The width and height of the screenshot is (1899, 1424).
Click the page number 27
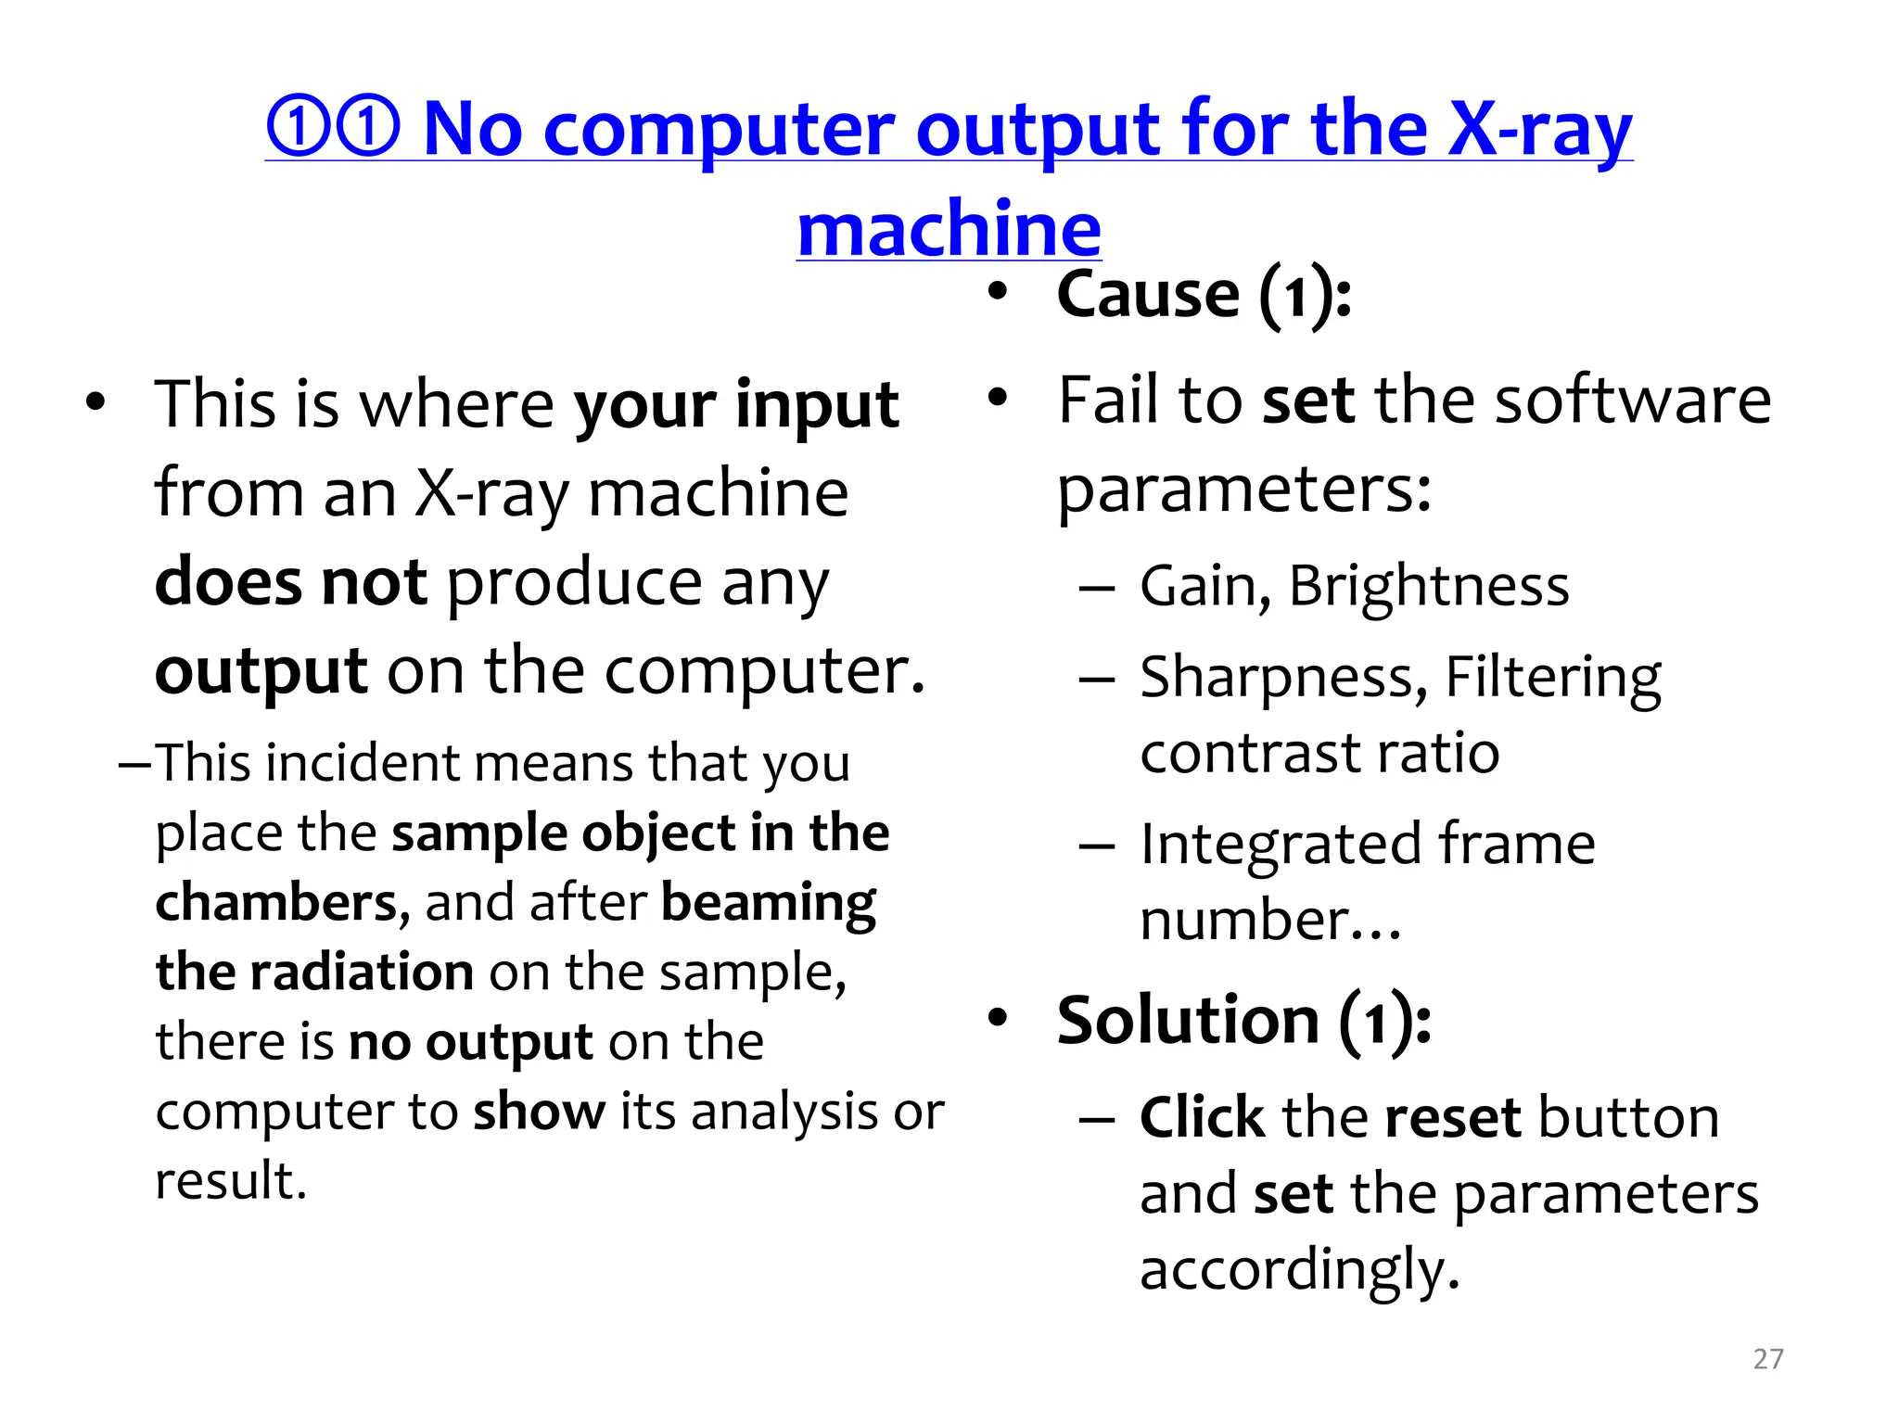pyautogui.click(x=1767, y=1358)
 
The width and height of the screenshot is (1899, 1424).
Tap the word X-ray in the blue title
pyautogui.click(x=1539, y=131)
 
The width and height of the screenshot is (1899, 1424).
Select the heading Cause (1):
pyautogui.click(x=1204, y=295)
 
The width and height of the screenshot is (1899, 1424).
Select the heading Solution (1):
pyautogui.click(x=1243, y=1021)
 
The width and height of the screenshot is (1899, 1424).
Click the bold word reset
pyautogui.click(x=1452, y=1117)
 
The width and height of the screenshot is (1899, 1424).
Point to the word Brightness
pyautogui.click(x=1428, y=587)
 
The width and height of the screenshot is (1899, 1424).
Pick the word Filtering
pyautogui.click(x=1553, y=678)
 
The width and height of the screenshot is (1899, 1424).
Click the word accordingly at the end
pyautogui.click(x=1298, y=1270)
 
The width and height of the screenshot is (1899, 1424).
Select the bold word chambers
pyautogui.click(x=276, y=903)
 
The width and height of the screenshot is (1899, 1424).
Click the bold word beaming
pyautogui.click(x=769, y=903)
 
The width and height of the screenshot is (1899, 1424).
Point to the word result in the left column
pyautogui.click(x=229, y=1181)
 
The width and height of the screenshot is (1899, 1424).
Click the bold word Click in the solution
pyautogui.click(x=1202, y=1117)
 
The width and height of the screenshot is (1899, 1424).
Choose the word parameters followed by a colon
pyautogui.click(x=1243, y=490)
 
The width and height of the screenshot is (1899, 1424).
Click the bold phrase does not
pyautogui.click(x=290, y=583)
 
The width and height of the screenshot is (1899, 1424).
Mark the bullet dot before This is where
pyautogui.click(x=95, y=404)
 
